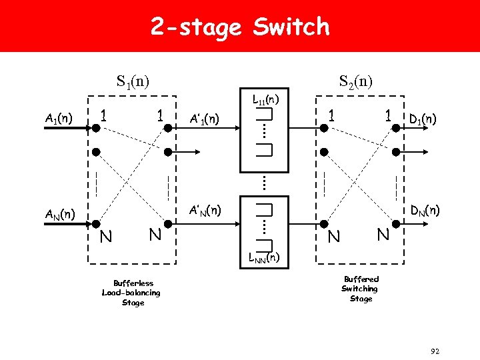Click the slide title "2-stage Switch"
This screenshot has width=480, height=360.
tap(240, 27)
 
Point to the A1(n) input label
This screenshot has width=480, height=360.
tap(59, 119)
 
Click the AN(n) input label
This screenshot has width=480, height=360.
tap(59, 215)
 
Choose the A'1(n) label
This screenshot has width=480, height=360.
tap(204, 119)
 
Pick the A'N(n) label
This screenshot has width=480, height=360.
tap(205, 210)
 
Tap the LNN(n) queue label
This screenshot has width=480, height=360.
tap(264, 257)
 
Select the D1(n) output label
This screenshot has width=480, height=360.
tap(423, 119)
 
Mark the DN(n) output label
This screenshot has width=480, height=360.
tap(424, 211)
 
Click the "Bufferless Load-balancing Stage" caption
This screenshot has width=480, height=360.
tap(131, 293)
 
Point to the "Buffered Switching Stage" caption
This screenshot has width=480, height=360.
tap(361, 289)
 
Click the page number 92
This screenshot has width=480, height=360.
tap(435, 351)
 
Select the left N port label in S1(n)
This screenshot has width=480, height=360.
tap(106, 236)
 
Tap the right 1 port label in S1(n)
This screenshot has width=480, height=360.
tap(160, 115)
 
